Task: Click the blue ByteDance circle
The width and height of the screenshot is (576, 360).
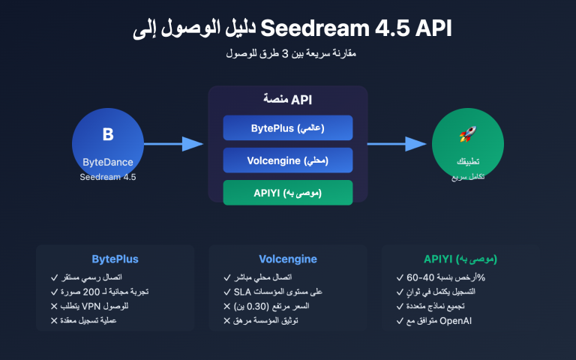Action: tap(108, 143)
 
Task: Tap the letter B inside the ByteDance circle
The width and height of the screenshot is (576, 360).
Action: tap(108, 135)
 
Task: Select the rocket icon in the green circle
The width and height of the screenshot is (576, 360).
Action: tap(469, 135)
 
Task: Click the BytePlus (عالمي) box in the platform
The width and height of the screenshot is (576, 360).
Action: tap(288, 128)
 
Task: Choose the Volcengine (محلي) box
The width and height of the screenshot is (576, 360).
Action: tap(288, 160)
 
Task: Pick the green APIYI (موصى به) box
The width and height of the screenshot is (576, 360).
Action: tap(288, 193)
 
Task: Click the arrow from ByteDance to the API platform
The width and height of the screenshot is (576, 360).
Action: tap(173, 144)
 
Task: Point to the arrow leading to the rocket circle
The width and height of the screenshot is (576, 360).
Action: tap(397, 144)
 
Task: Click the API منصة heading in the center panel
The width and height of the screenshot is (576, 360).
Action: tap(288, 99)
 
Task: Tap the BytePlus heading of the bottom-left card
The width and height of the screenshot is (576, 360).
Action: tap(115, 259)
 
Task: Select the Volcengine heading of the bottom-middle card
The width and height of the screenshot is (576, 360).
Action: tap(287, 259)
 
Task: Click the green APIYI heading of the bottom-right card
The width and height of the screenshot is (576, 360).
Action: tap(460, 259)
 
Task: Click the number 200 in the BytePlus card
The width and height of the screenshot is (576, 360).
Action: tap(91, 292)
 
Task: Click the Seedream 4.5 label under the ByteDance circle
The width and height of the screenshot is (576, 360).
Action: tap(108, 178)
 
